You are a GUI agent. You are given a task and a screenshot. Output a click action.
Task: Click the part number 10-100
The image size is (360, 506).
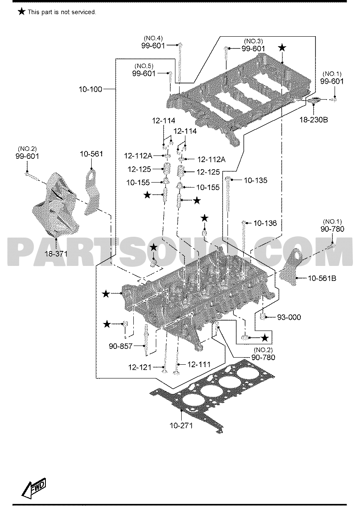pos(90,89)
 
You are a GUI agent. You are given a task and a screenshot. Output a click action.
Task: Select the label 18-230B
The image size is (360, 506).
pos(314,120)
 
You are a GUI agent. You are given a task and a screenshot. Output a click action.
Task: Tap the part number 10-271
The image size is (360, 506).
pos(181,426)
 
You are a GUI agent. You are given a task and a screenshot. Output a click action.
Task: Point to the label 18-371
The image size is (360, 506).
pos(56,254)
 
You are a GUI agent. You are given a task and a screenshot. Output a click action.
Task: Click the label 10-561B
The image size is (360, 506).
pos(322,278)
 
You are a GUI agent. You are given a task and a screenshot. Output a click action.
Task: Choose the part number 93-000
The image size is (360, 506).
pos(289,317)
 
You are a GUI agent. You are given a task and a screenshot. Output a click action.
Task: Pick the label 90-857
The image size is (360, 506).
pos(120,346)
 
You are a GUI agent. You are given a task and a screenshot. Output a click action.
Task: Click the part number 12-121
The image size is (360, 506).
pos(140,367)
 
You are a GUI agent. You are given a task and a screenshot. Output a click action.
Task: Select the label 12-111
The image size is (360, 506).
pos(199,364)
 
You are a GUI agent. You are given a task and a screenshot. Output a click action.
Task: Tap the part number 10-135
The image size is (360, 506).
pos(255,180)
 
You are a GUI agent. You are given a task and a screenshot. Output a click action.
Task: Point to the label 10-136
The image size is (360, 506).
pos(265,223)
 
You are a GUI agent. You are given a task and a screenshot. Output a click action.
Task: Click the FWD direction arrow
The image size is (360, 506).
pos(34,487)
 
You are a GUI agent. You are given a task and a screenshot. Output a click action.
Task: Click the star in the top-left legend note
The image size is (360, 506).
pos(21,12)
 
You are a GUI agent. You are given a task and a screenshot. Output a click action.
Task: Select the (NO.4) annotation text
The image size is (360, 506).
pos(153,38)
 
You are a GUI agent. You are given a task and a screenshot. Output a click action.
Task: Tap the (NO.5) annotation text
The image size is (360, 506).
pos(144,66)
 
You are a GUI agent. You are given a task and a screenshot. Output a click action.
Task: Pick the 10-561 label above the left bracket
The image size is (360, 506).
pos(92,154)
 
